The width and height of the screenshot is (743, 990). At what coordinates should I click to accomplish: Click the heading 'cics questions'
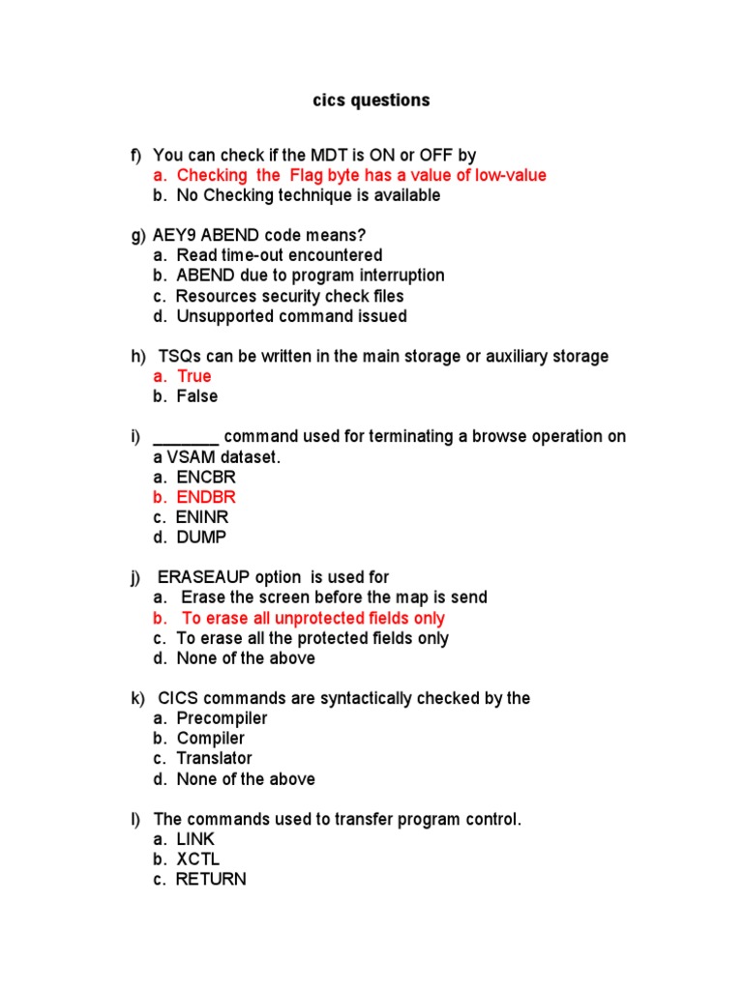click(x=371, y=101)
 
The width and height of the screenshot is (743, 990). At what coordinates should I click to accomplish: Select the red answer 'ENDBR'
click(x=206, y=497)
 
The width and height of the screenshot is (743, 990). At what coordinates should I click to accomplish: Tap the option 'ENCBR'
click(x=206, y=477)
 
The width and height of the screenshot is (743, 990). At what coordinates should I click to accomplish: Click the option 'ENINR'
click(x=203, y=517)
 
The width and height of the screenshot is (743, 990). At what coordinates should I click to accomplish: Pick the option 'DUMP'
click(x=202, y=538)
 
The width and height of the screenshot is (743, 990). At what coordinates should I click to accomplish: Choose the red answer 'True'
click(x=193, y=376)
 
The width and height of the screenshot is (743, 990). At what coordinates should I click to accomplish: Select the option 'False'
click(x=197, y=396)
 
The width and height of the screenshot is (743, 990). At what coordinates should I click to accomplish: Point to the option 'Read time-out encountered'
click(x=280, y=255)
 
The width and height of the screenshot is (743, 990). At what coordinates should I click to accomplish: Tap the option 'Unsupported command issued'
click(x=291, y=316)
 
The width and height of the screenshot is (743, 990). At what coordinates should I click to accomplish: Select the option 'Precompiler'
click(x=222, y=718)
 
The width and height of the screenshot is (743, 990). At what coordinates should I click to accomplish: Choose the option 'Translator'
click(x=214, y=759)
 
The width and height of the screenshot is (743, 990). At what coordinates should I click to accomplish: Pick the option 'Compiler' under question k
click(x=211, y=739)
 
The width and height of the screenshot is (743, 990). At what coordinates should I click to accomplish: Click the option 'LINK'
click(x=196, y=839)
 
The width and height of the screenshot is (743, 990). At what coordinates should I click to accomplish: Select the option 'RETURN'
click(x=211, y=880)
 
